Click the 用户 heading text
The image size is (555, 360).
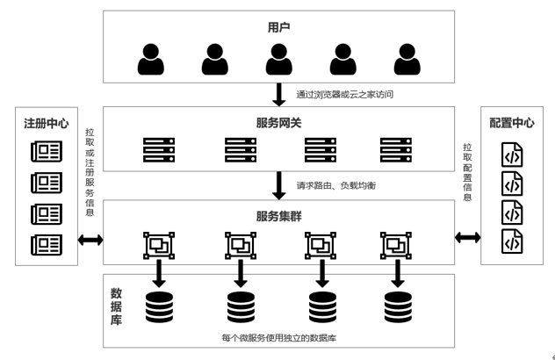(278, 28)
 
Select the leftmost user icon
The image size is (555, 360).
(151, 60)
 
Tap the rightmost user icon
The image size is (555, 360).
(407, 60)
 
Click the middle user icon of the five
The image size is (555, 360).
(278, 60)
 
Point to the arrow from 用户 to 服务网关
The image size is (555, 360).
(278, 93)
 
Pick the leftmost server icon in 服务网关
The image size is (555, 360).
(159, 149)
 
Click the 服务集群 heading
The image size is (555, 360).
(278, 215)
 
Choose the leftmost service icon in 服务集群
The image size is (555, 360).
(159, 245)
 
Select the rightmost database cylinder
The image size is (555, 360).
(399, 306)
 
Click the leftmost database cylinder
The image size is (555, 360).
(159, 306)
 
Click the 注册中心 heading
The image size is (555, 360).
(46, 123)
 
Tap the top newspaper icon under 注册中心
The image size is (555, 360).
(46, 152)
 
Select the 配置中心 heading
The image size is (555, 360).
(512, 123)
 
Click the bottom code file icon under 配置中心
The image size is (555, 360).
(512, 241)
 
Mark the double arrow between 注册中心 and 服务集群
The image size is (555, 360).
(90, 239)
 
